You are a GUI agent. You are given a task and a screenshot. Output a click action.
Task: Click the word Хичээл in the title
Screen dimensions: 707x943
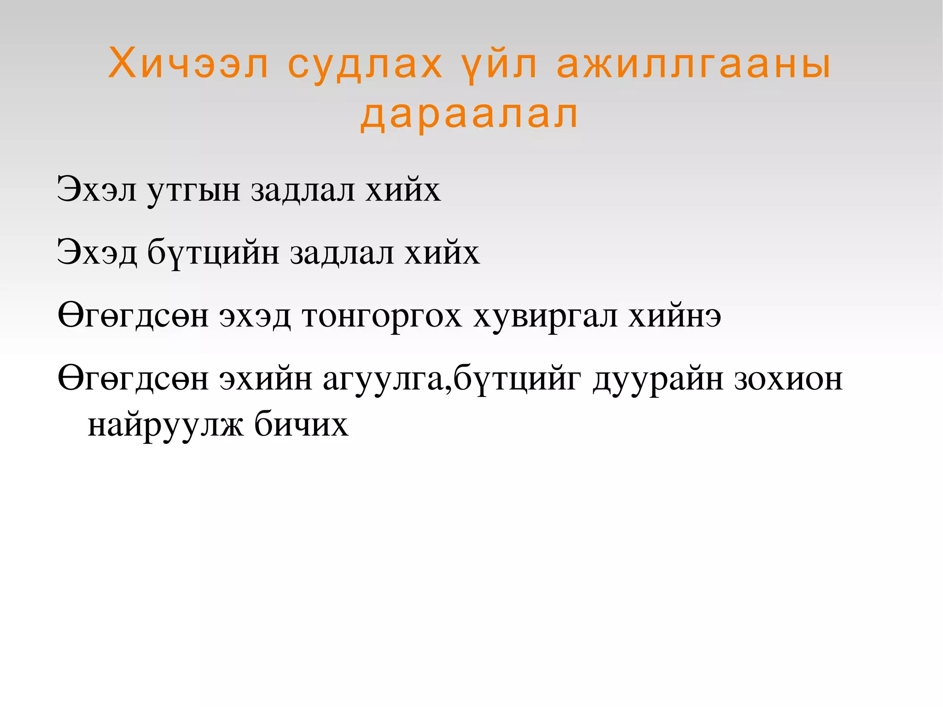pos(188,64)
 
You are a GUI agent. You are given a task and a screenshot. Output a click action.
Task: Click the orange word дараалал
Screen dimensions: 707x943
pos(469,115)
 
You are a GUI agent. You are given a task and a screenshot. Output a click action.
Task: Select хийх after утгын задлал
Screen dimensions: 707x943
pos(403,190)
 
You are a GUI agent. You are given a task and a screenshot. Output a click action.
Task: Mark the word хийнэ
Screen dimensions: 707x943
pos(675,316)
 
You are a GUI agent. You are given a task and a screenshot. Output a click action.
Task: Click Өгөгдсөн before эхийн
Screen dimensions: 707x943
pos(133,379)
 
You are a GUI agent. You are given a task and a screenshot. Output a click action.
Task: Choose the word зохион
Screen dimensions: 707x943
pos(788,379)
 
